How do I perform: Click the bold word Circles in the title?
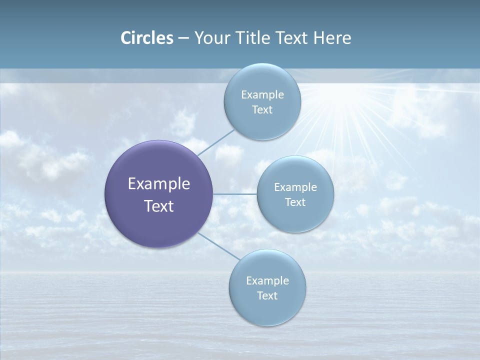coord(146,38)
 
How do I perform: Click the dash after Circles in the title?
coord(183,38)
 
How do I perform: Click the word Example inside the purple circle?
coord(159,183)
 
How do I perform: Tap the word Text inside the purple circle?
coord(159,206)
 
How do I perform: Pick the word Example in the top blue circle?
coord(262,94)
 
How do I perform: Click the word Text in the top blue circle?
coord(262,110)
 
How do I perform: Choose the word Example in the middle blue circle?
coord(295,187)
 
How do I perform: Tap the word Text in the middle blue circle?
coord(295,202)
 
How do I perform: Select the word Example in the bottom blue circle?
coord(267,280)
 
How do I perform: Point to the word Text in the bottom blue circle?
coord(267,296)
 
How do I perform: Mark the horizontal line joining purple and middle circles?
coord(235,194)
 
